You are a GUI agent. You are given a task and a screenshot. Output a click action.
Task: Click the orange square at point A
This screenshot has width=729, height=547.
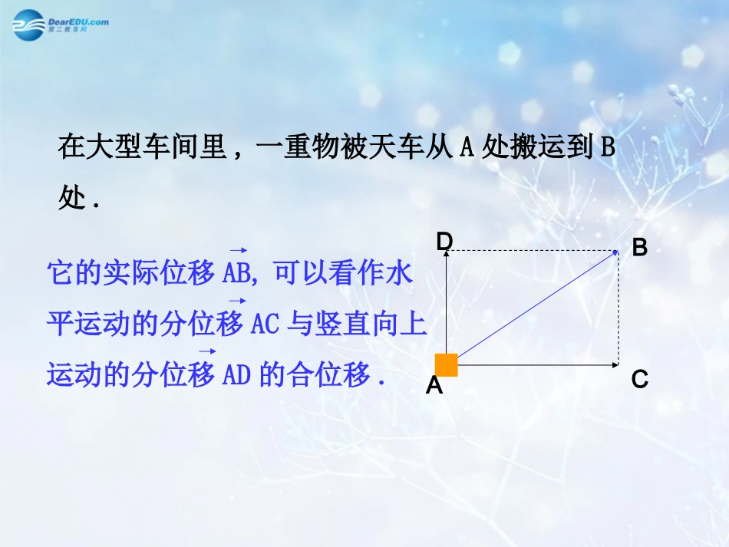click(446, 365)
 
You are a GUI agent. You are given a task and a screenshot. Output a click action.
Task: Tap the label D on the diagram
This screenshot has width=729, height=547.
click(444, 242)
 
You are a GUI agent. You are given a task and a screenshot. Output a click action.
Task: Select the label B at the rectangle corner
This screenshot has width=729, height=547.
click(639, 248)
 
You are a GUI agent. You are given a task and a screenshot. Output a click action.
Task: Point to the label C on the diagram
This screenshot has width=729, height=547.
click(639, 379)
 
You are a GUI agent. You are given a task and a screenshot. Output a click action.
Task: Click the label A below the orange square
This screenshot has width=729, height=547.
click(434, 385)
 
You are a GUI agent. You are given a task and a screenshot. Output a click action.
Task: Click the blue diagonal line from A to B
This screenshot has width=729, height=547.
click(537, 307)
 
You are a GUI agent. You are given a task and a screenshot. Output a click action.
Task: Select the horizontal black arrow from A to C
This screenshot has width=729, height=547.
click(537, 365)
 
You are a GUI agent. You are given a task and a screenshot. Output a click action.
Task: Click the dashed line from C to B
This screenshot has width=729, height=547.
click(618, 307)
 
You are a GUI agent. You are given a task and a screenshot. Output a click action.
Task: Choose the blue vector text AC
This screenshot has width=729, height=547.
click(265, 325)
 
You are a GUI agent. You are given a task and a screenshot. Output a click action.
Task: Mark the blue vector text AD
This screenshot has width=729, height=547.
click(236, 376)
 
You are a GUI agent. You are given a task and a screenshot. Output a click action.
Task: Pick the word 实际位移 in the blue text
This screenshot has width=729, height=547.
click(157, 274)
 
